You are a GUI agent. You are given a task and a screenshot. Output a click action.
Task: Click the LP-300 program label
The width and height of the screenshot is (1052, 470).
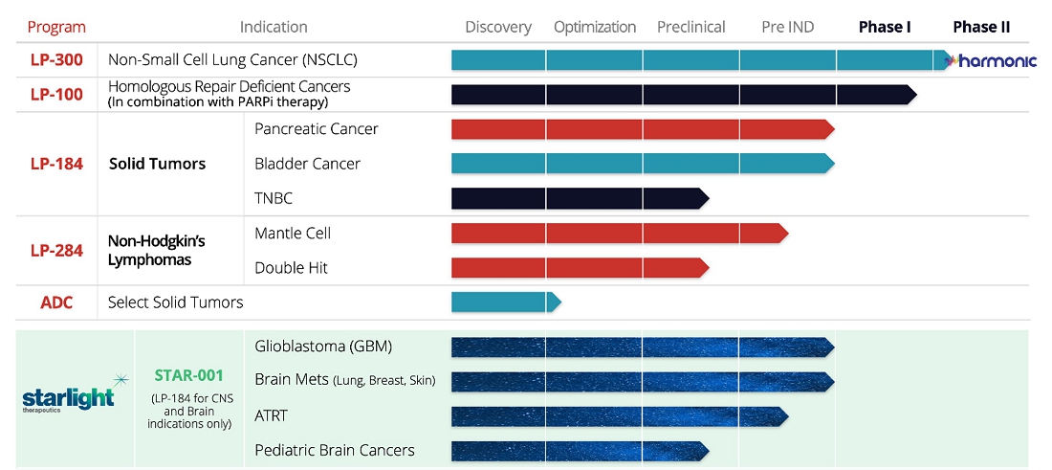(55, 60)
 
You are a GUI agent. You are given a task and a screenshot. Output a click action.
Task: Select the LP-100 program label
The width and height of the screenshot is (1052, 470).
(55, 95)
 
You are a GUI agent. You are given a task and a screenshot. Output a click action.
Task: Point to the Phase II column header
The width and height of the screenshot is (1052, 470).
(981, 27)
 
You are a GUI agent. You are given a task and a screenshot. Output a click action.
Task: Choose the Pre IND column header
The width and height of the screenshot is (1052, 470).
(787, 27)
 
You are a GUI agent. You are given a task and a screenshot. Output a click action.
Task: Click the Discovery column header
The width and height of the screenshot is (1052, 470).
(498, 27)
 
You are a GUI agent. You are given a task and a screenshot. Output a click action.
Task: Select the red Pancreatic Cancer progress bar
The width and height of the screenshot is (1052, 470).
(641, 129)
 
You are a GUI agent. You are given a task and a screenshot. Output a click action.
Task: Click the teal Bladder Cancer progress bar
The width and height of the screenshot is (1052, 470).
(641, 164)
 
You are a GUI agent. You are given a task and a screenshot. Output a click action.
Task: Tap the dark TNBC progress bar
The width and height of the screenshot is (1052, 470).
(579, 198)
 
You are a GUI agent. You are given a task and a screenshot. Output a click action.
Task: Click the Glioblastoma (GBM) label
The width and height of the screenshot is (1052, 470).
(323, 347)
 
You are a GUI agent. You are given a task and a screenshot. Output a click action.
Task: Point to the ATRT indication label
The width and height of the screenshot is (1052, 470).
(271, 415)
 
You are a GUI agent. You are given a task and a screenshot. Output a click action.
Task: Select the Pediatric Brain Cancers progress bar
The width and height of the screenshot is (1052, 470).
(579, 450)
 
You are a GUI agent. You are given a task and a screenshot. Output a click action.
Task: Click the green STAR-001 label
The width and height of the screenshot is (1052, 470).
(189, 375)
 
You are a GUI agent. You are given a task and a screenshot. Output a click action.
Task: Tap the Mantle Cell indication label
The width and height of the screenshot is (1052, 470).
(293, 233)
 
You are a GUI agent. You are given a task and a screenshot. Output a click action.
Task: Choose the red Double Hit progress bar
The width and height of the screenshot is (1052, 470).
(579, 268)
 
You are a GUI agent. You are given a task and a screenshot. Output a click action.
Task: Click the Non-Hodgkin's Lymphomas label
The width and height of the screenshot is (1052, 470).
(156, 251)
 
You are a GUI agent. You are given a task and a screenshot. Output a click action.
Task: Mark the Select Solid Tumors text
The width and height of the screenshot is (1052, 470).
(175, 302)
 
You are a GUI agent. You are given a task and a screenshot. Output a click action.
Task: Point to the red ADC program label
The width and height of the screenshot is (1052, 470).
(55, 302)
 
